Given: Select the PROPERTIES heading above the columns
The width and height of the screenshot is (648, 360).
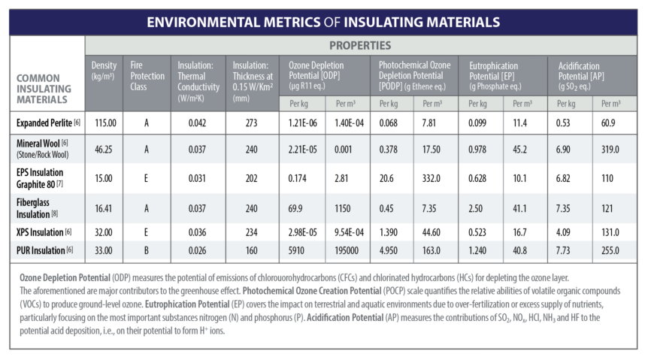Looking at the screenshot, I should pyautogui.click(x=359, y=46).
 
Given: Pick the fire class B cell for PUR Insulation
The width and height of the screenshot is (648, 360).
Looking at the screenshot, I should pyautogui.click(x=147, y=250).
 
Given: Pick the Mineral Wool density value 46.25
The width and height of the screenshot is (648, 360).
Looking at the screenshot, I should pyautogui.click(x=104, y=150).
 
